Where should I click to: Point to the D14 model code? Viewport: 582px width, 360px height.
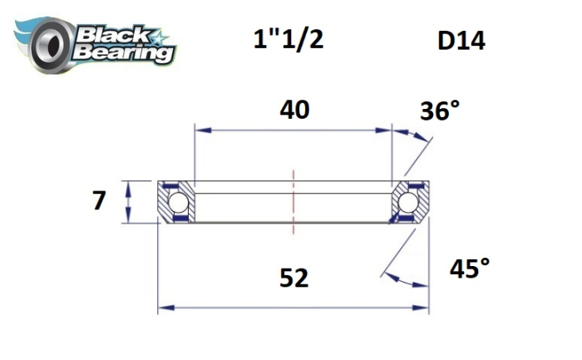(459, 42)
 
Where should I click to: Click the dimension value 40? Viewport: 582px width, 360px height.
(294, 109)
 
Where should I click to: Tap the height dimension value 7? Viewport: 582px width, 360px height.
(99, 201)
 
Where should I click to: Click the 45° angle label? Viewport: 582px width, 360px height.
(469, 269)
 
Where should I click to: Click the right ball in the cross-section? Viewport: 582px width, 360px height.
(407, 203)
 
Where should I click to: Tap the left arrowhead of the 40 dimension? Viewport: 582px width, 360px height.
(200, 131)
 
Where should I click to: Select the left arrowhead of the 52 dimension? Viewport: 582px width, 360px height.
(164, 308)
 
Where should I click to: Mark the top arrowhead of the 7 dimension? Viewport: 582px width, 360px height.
(127, 185)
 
